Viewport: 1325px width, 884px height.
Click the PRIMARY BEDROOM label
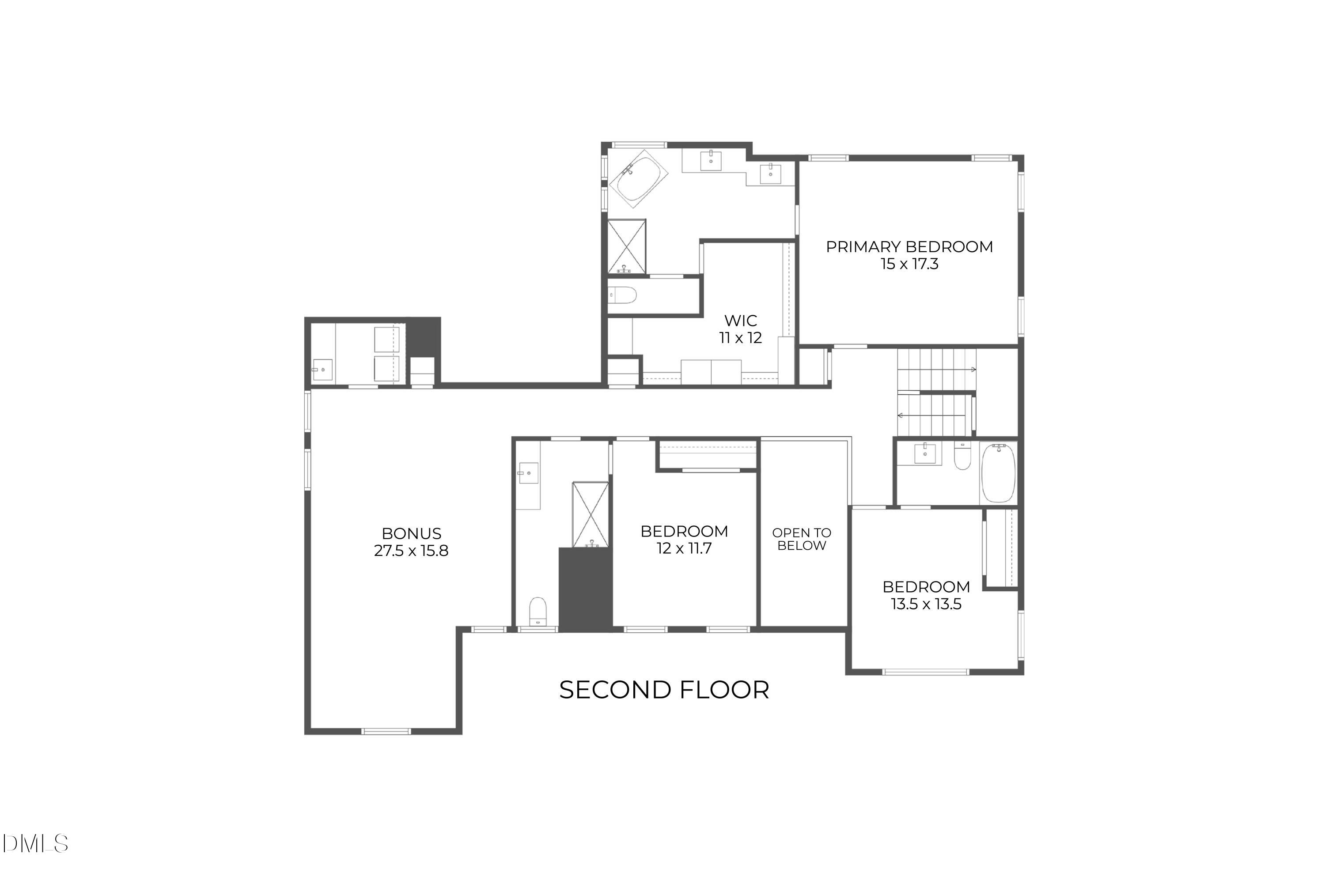point(909,247)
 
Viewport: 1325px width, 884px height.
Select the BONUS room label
point(412,533)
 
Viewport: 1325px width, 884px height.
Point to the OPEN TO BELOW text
point(801,539)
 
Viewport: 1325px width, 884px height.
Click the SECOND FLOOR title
point(664,690)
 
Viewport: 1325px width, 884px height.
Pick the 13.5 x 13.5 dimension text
point(926,604)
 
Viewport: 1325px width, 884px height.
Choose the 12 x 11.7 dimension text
point(684,548)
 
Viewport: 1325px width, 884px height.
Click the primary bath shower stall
point(626,247)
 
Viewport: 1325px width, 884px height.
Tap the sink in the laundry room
point(322,370)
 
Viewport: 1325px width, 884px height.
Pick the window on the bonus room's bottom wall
point(386,732)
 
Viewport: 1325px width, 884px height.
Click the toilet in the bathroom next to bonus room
point(538,612)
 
